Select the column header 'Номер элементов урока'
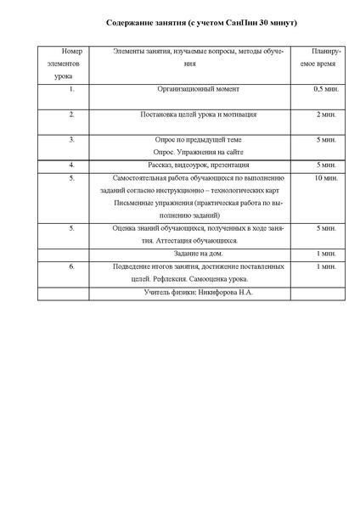pos(72,64)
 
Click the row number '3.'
pos(72,138)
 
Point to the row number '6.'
pos(72,266)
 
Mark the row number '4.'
pos(72,165)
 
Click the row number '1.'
pos(72,88)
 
